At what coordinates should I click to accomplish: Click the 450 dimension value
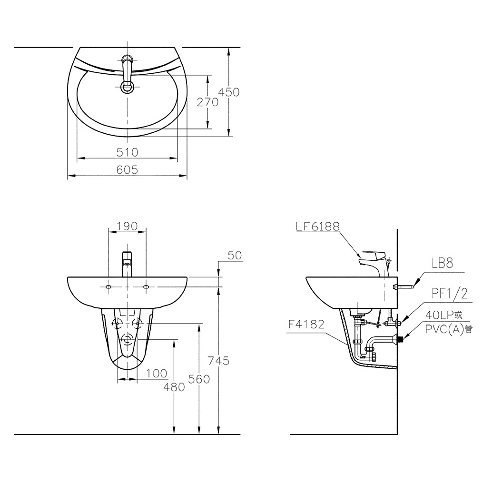click(228, 92)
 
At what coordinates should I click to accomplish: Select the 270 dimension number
click(207, 102)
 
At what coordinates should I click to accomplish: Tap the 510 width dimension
click(127, 152)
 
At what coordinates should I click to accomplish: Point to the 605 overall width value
click(127, 170)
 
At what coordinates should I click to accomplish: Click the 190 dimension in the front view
click(127, 227)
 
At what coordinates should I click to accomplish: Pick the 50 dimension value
click(235, 256)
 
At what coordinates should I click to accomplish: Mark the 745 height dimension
click(219, 360)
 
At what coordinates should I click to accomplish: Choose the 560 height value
click(199, 379)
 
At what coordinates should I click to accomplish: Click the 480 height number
click(174, 387)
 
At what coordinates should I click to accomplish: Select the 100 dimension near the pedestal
click(157, 374)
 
